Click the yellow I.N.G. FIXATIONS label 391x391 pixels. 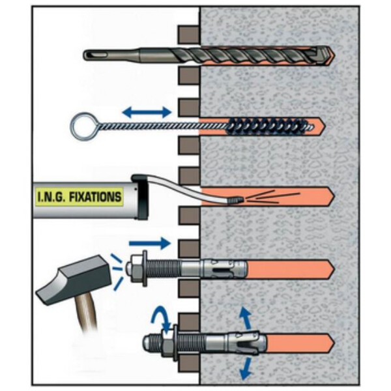click(80, 197)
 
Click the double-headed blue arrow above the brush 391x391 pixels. click(147, 111)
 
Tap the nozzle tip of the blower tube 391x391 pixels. click(236, 199)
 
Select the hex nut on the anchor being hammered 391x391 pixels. click(134, 268)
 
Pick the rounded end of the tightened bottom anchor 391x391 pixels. click(147, 343)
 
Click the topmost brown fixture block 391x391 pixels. click(189, 35)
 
